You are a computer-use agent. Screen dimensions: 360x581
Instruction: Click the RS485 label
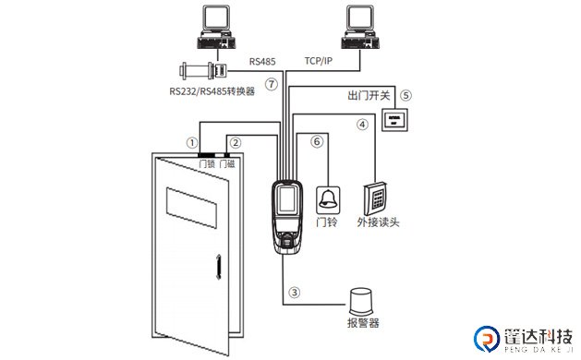(263, 62)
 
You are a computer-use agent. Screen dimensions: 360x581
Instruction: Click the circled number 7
(271, 84)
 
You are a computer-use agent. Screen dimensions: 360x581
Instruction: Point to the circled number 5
(404, 94)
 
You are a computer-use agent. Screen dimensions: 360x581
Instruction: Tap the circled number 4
(363, 124)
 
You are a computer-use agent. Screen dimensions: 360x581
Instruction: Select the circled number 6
(317, 142)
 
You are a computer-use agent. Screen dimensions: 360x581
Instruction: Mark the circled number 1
(191, 143)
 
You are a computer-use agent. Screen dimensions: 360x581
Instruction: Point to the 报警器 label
(364, 324)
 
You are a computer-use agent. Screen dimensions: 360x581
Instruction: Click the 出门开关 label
(369, 95)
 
